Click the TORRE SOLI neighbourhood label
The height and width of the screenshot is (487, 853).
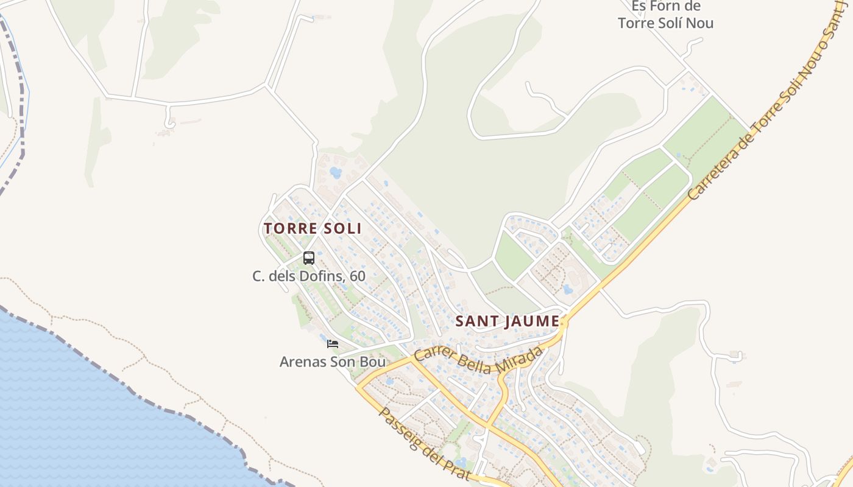(313, 228)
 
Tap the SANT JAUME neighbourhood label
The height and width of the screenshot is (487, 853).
(508, 321)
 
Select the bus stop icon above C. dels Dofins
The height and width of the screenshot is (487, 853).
(309, 258)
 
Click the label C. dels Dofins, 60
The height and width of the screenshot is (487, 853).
(309, 276)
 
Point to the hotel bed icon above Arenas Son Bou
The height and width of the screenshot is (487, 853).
(333, 344)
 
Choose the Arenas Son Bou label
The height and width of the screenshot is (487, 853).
(333, 362)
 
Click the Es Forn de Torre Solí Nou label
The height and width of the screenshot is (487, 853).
(665, 15)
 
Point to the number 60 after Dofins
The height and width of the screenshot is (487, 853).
(358, 276)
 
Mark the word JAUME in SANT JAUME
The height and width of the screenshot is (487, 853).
(531, 321)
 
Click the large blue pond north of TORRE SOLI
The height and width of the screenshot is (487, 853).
(336, 172)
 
